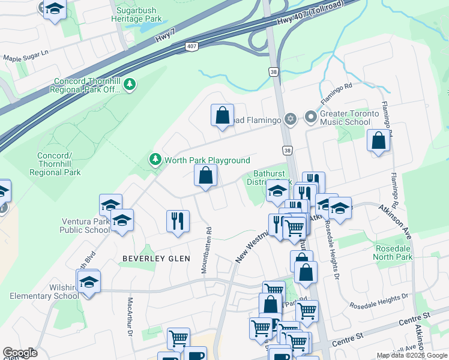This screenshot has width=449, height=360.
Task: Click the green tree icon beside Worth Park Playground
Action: [155, 159]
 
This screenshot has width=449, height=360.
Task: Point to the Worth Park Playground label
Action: [207, 160]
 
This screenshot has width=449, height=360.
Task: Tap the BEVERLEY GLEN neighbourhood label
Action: [156, 259]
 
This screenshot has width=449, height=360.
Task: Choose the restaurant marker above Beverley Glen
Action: [178, 220]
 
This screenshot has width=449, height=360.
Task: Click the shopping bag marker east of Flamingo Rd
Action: [378, 142]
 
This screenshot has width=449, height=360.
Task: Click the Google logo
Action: [20, 353]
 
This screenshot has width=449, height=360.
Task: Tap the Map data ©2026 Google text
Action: [412, 355]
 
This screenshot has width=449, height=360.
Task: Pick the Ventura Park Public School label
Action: [85, 226]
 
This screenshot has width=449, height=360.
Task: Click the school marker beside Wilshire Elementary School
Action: [89, 281]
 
